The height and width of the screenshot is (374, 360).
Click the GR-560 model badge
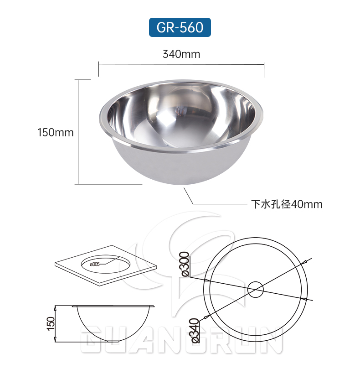pyautogui.click(x=180, y=27)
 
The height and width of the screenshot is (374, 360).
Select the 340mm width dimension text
pyautogui.click(x=181, y=54)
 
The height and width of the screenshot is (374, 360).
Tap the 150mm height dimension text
pyautogui.click(x=55, y=132)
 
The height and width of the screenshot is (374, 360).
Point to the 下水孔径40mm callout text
pyautogui.click(x=287, y=204)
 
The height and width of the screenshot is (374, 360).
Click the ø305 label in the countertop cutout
pyautogui.click(x=95, y=264)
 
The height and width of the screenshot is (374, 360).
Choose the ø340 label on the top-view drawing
pyautogui.click(x=193, y=330)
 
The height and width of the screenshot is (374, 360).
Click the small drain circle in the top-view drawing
pyautogui.click(x=256, y=289)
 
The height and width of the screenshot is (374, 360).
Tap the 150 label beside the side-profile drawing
pyautogui.click(x=51, y=323)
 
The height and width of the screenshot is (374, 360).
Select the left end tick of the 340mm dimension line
pyautogui.click(x=99, y=70)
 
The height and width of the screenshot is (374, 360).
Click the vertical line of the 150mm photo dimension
pyautogui.click(x=79, y=132)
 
